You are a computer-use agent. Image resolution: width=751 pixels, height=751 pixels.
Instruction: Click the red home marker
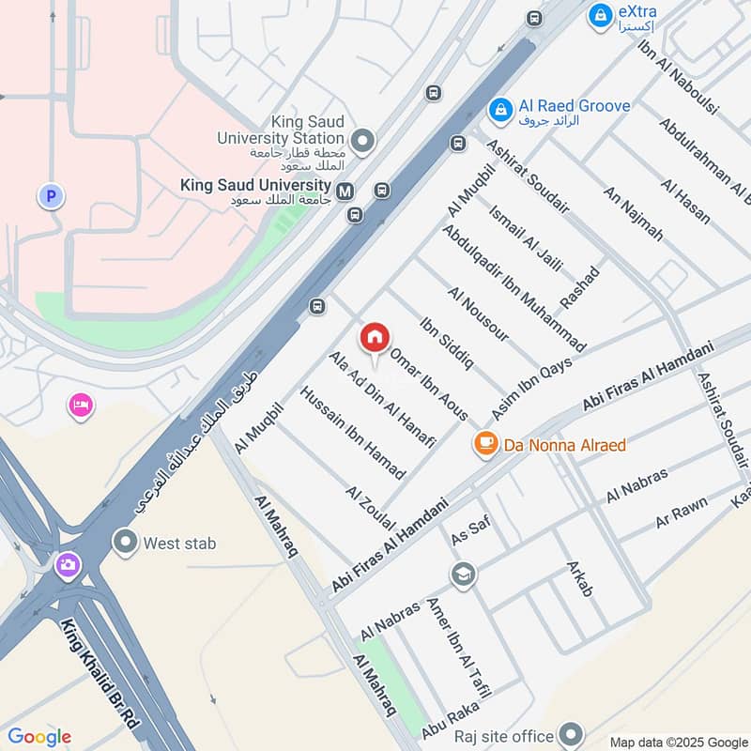click(x=375, y=337)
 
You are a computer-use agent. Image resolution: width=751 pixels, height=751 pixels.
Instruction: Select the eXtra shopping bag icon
click(x=599, y=15)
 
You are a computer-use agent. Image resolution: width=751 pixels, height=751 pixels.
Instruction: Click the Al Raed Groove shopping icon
click(x=500, y=111)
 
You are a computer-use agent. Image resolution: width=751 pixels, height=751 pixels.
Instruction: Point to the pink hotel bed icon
click(x=81, y=406)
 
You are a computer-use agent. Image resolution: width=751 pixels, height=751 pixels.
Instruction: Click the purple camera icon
click(x=67, y=564)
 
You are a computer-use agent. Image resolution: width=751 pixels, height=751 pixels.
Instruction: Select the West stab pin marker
click(x=124, y=542)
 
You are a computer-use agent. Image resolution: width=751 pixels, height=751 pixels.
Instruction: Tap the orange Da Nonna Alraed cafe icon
click(x=485, y=443)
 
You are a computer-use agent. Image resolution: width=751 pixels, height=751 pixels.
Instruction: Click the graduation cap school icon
click(x=462, y=574)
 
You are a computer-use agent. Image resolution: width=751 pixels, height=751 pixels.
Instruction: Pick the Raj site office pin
click(x=571, y=733)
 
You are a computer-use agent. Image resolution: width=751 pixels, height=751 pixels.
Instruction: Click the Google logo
click(x=39, y=737)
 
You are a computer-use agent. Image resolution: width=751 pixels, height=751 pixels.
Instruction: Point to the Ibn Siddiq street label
click(x=447, y=342)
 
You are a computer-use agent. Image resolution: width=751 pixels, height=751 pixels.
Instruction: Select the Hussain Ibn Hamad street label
click(x=352, y=433)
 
